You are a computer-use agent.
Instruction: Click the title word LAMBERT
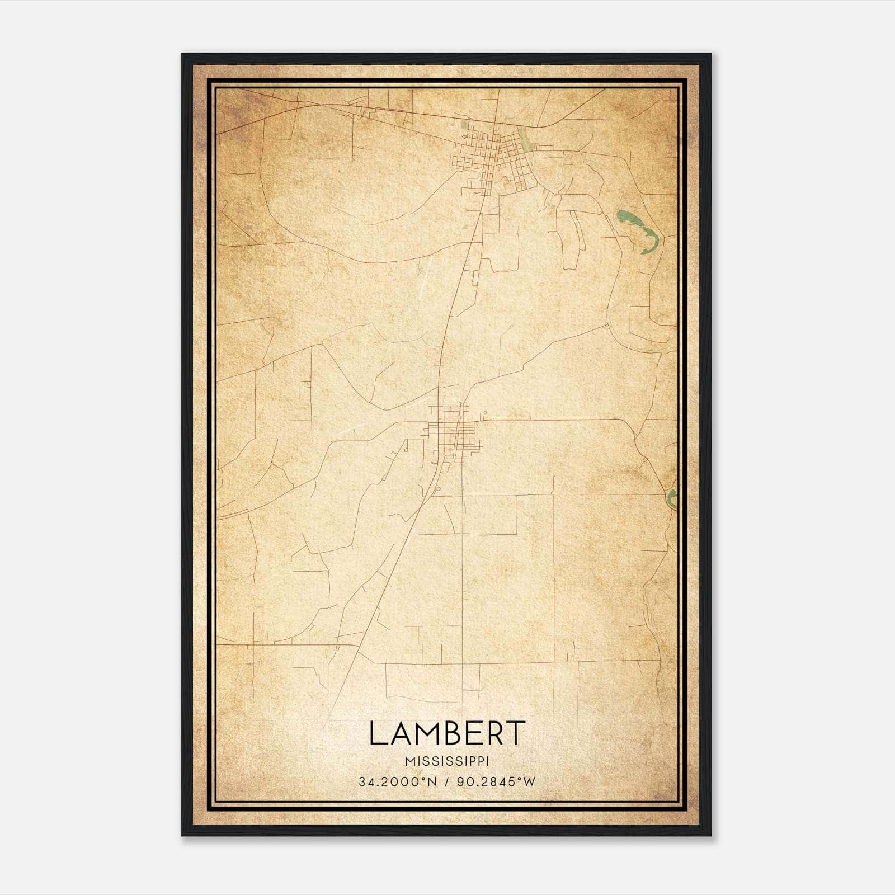point(447,733)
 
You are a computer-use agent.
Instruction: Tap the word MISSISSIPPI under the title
point(447,761)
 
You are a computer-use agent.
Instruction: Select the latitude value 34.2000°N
point(397,781)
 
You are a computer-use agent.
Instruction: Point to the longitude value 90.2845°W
point(496,781)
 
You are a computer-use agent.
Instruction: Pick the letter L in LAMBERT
point(377,733)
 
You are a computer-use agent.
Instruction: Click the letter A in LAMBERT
point(398,733)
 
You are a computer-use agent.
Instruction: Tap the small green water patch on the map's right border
point(672,497)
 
